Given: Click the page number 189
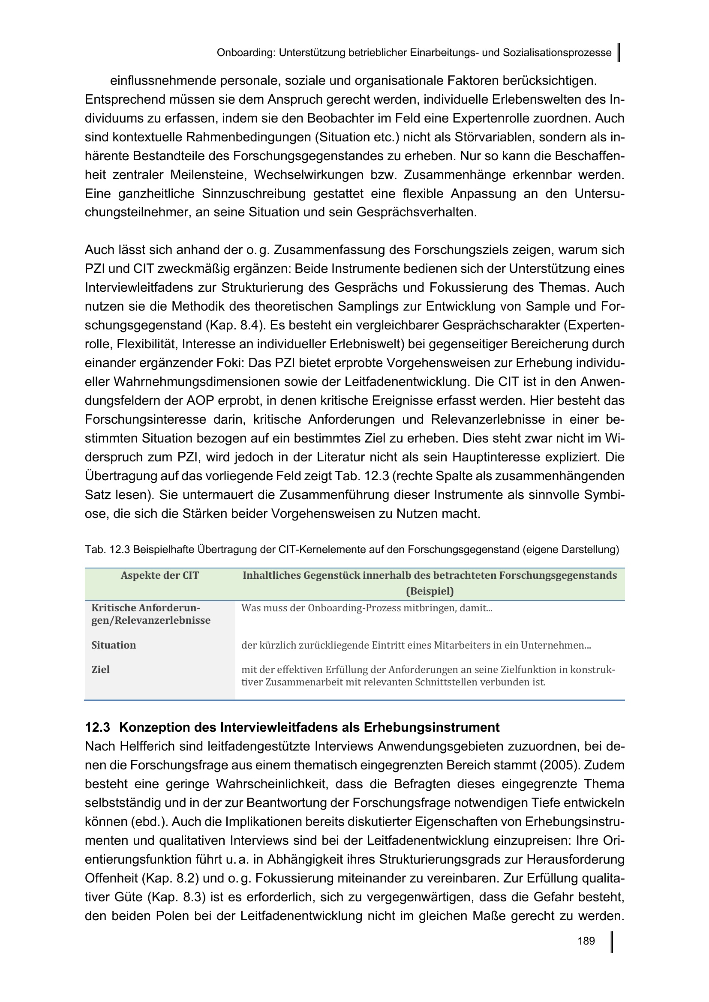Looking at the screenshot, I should pyautogui.click(x=586, y=941).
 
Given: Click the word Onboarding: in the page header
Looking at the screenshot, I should pyautogui.click(x=246, y=53).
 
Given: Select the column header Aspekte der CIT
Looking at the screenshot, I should pyautogui.click(x=159, y=575).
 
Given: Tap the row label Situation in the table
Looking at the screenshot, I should pyautogui.click(x=114, y=645).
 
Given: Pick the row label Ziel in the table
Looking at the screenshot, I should pyautogui.click(x=100, y=669).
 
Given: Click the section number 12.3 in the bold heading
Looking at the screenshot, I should pyautogui.click(x=97, y=727).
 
